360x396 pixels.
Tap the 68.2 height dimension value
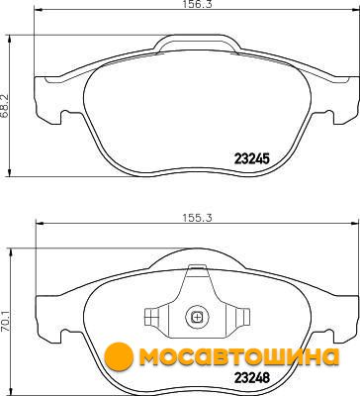[5, 106]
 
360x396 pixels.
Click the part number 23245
[252, 159]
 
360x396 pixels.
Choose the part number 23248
[252, 377]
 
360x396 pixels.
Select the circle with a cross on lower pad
[197, 318]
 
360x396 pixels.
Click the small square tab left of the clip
[150, 318]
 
